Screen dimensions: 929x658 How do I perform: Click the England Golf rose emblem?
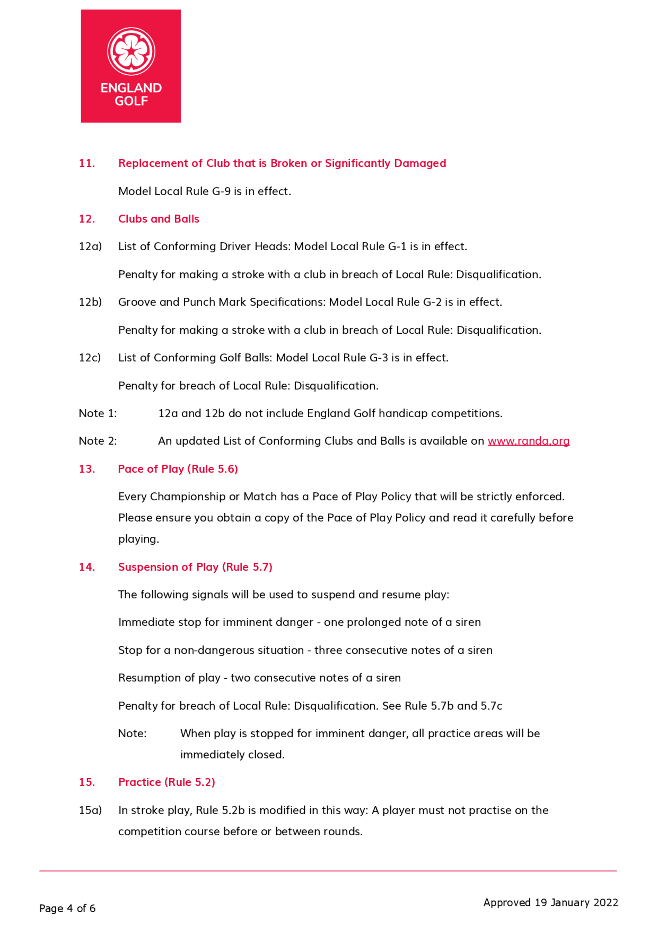tap(131, 51)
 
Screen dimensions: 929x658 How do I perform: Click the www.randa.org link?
tap(528, 441)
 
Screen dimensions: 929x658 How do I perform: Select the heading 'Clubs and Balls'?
tap(159, 219)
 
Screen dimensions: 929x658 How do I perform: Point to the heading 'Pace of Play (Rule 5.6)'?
tap(178, 469)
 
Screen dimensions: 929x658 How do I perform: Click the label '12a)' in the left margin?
tap(90, 246)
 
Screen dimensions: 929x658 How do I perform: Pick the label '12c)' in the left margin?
tap(89, 357)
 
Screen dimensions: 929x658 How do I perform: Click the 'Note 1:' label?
tap(98, 413)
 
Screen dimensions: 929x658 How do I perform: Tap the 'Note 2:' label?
tap(98, 441)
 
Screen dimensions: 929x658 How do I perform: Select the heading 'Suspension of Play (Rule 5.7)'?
tap(195, 567)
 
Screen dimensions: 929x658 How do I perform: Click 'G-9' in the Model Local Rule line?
tap(221, 191)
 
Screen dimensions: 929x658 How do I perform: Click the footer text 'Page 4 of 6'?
tap(67, 908)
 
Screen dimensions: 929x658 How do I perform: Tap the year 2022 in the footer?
tap(606, 902)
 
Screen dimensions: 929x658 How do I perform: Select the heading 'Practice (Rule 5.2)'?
tap(166, 782)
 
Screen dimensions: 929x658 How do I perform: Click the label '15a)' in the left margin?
tap(90, 810)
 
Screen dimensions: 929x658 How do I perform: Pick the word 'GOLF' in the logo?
tap(131, 101)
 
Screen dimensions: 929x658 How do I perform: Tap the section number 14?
tap(87, 567)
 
